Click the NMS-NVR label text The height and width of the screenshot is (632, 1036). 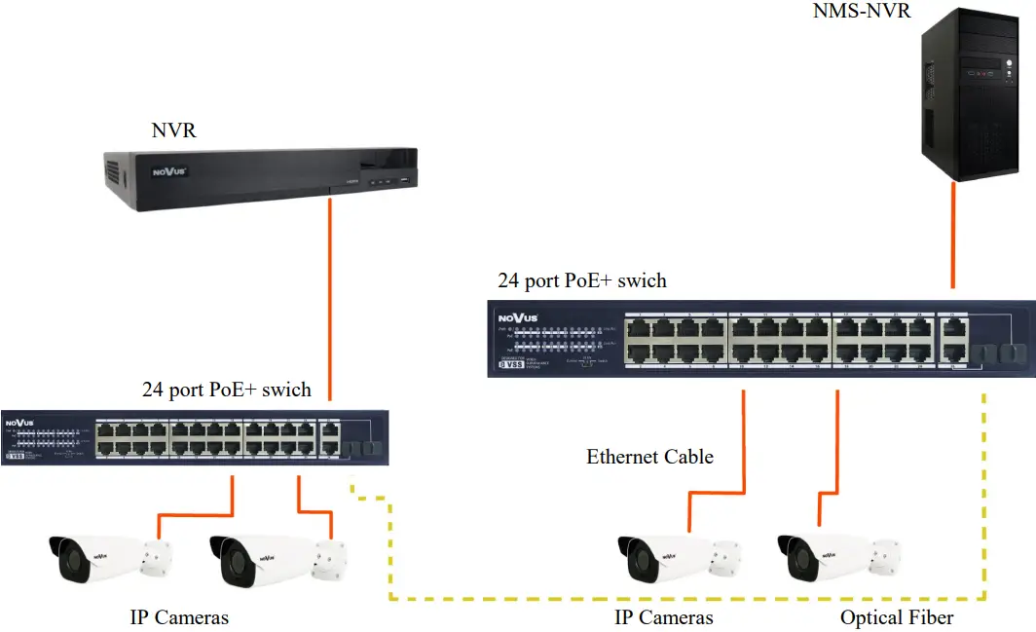pyautogui.click(x=862, y=12)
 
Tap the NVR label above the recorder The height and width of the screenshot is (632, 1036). pyautogui.click(x=174, y=130)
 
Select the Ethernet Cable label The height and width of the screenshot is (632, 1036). pyautogui.click(x=649, y=456)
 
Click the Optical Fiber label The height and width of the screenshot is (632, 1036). pyautogui.click(x=897, y=617)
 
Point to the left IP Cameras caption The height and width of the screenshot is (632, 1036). pyautogui.click(x=179, y=617)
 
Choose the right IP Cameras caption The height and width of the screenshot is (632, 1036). pyautogui.click(x=663, y=617)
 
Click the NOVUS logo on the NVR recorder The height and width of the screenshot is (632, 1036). pyautogui.click(x=167, y=172)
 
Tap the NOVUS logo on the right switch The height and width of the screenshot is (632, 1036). pyautogui.click(x=518, y=317)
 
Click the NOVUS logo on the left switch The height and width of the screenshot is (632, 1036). pyautogui.click(x=19, y=424)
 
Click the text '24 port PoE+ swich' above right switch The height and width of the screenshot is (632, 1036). pyautogui.click(x=582, y=280)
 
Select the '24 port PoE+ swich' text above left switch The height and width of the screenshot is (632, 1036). pyautogui.click(x=227, y=390)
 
